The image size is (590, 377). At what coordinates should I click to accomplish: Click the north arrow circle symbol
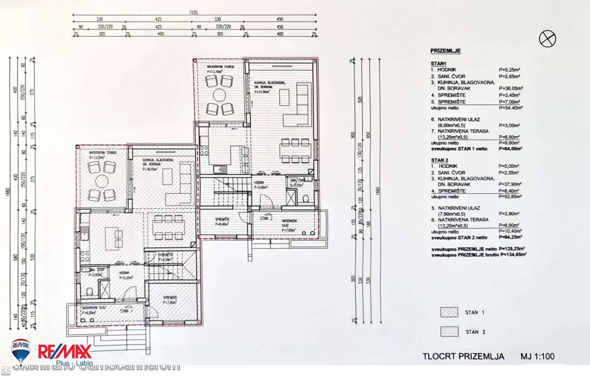[x=548, y=38]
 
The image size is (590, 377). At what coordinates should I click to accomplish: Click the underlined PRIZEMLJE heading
[x=445, y=51]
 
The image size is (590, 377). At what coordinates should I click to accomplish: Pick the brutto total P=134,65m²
[x=512, y=256]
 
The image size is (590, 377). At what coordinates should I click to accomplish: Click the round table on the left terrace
[x=102, y=181]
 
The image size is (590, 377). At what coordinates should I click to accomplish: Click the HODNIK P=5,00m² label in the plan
[x=261, y=185]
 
